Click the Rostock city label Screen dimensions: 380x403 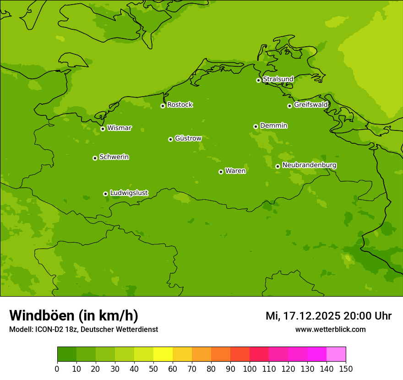click(180, 105)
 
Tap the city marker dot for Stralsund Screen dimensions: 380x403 click(258, 80)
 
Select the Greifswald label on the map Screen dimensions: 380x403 click(310, 105)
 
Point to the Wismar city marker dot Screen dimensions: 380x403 click(103, 129)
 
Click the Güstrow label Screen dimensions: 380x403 click(188, 138)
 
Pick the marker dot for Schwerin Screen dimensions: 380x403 click(95, 158)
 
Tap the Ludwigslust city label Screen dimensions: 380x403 click(129, 193)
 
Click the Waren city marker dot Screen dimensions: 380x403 click(221, 172)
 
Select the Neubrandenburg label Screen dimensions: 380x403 click(309, 165)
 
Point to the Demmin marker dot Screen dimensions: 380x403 click(256, 126)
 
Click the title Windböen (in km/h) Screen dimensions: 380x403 click(74, 315)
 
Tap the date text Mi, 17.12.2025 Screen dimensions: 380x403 click(303, 316)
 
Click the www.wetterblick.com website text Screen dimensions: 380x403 click(330, 330)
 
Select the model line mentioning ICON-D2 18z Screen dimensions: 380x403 click(83, 330)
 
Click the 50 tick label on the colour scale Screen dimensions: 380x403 click(153, 369)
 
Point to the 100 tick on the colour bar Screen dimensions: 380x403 click(250, 369)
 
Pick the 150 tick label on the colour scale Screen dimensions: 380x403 click(346, 369)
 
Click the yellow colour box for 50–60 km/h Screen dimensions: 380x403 click(163, 354)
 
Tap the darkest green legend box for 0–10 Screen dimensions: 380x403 click(67, 354)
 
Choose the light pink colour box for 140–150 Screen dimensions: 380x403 click(336, 354)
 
